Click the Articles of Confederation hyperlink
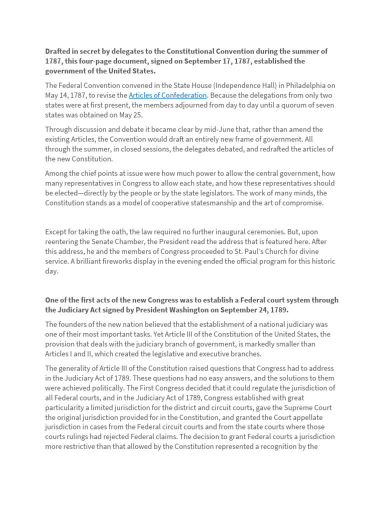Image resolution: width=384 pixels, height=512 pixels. (x=167, y=95)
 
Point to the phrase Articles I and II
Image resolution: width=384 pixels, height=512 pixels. (x=71, y=354)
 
